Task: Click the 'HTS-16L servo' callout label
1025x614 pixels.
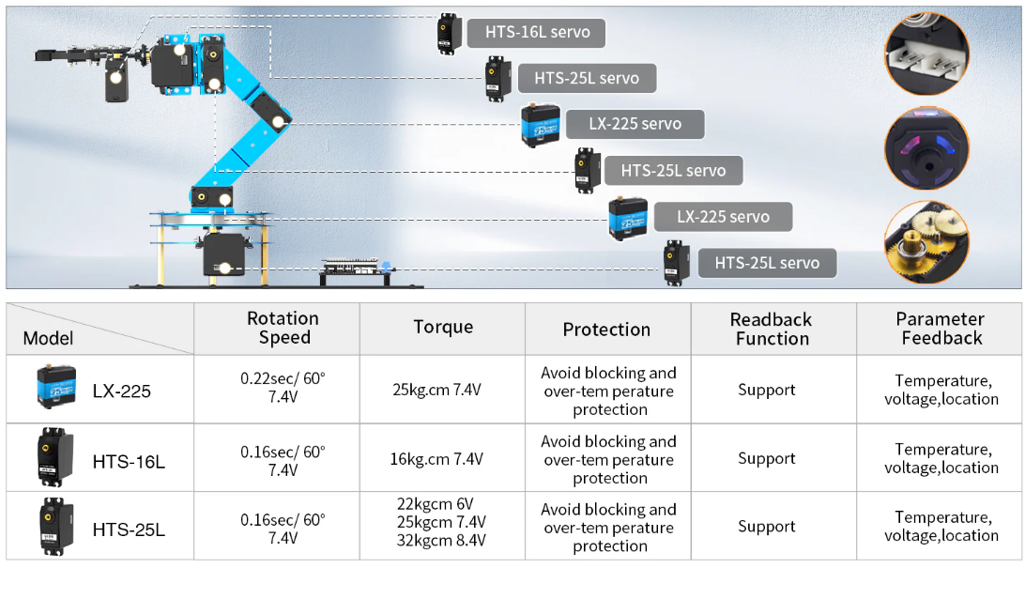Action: (x=537, y=32)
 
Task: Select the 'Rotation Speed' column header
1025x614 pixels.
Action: (x=283, y=329)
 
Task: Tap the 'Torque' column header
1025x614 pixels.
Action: (x=443, y=327)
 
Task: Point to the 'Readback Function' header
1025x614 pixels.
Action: (x=772, y=329)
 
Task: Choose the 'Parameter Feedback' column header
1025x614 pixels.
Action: (x=940, y=329)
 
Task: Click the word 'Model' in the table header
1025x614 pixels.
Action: (x=48, y=338)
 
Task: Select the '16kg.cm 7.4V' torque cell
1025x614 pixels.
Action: (x=436, y=459)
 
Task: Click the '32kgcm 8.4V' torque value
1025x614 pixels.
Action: (x=441, y=540)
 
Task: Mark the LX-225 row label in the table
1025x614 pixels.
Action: (x=121, y=391)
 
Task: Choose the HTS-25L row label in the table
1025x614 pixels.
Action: (x=129, y=530)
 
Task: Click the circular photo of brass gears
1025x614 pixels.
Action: (x=926, y=242)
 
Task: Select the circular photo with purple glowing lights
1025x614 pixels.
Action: (x=926, y=149)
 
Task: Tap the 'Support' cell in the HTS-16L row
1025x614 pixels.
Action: (x=766, y=458)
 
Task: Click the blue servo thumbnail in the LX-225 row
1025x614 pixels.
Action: (x=56, y=386)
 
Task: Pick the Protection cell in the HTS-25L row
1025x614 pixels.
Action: (x=608, y=528)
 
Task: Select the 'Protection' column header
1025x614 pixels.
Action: (x=606, y=330)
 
